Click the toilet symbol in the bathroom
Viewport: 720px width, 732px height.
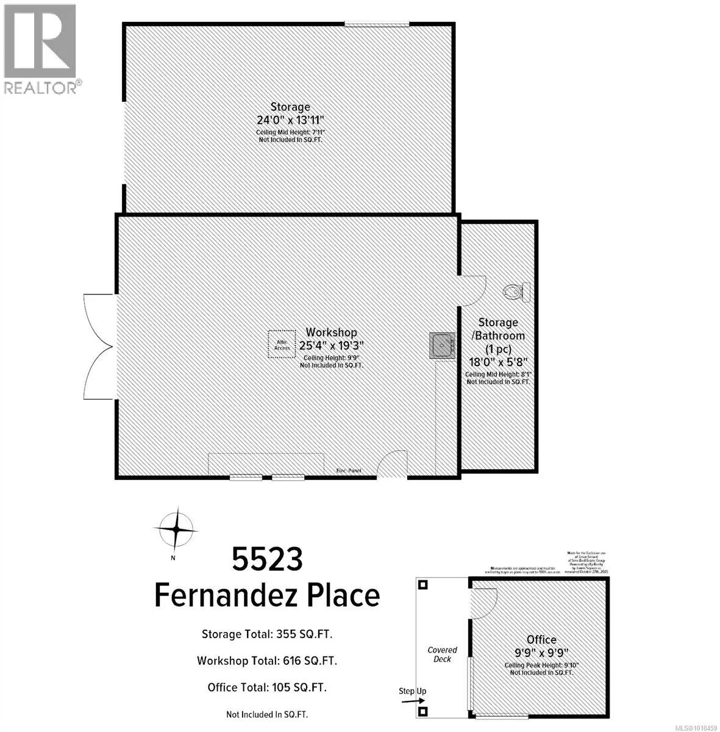[x=518, y=292]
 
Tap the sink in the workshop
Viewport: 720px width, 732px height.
[x=441, y=345]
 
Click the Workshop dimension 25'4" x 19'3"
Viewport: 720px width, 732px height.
[x=331, y=345]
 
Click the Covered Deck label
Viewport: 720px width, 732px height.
[x=442, y=655]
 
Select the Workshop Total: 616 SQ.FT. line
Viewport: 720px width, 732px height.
[x=266, y=661]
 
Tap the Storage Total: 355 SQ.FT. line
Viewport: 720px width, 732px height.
[x=266, y=634]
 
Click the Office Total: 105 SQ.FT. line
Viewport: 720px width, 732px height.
[x=266, y=687]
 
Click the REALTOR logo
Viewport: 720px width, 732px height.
[x=41, y=49]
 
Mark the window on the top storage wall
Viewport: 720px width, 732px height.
[x=376, y=24]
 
